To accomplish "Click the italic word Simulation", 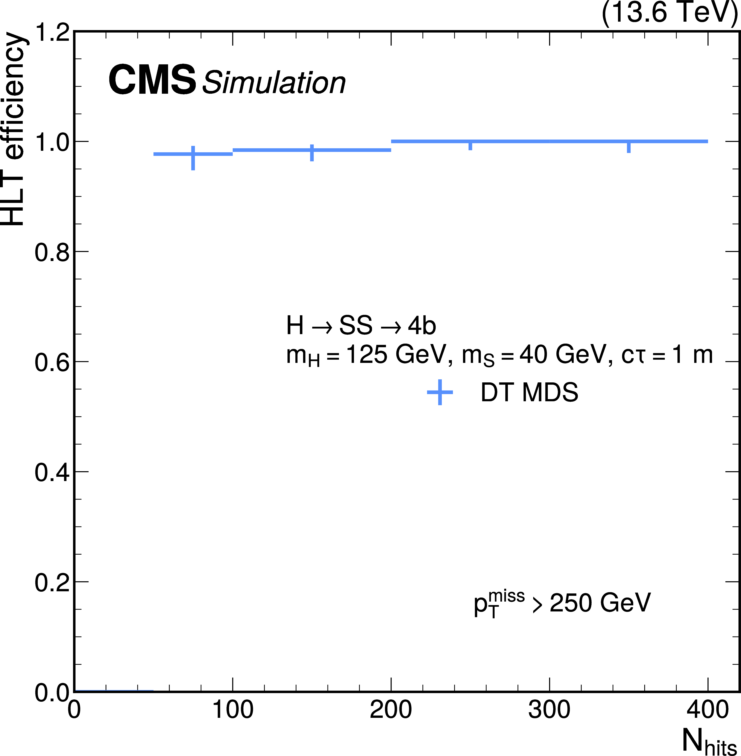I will click(x=274, y=83).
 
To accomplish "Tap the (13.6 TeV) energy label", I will click(x=669, y=12).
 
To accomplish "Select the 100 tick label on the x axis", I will click(x=233, y=710).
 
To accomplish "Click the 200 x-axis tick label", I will click(x=391, y=710).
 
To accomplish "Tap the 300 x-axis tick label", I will click(x=549, y=710).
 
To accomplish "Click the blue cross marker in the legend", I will click(x=440, y=392).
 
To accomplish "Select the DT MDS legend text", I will click(x=529, y=392).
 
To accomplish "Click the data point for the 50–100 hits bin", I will click(x=193, y=154).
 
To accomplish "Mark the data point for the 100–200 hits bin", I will click(x=312, y=150).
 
